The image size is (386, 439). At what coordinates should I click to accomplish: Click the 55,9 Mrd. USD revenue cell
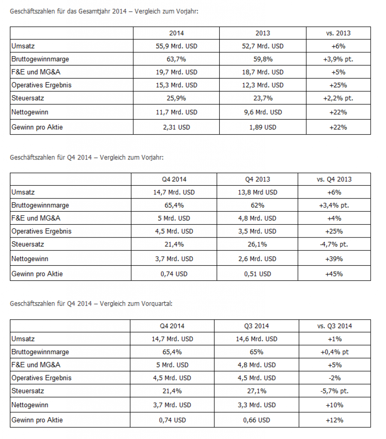tap(177, 46)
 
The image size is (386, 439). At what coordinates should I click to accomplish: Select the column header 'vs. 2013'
tap(338, 33)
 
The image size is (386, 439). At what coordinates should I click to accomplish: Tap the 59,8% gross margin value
tap(263, 59)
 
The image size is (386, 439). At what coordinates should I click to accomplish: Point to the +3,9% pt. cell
tap(338, 59)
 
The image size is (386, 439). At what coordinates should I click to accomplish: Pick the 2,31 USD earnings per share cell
tap(177, 127)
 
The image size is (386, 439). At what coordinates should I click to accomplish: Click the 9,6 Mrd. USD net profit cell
tap(263, 112)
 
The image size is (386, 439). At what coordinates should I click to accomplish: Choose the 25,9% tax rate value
tap(177, 98)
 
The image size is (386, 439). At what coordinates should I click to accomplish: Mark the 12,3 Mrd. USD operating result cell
tap(263, 85)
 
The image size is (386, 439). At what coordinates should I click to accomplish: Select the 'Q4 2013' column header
tap(257, 179)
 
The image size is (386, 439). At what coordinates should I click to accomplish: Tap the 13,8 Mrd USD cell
tap(257, 192)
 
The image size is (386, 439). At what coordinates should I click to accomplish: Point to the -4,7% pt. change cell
tap(334, 244)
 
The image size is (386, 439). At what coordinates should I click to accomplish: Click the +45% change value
tap(334, 274)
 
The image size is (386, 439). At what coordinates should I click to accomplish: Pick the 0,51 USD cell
tap(257, 274)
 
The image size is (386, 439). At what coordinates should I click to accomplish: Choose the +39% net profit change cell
tap(334, 259)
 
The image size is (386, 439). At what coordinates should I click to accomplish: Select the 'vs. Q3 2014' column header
tap(335, 326)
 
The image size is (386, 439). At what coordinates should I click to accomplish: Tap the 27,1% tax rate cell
tap(257, 391)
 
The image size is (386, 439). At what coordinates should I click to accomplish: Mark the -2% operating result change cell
tap(335, 378)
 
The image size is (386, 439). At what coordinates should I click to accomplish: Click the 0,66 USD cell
tap(257, 420)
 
